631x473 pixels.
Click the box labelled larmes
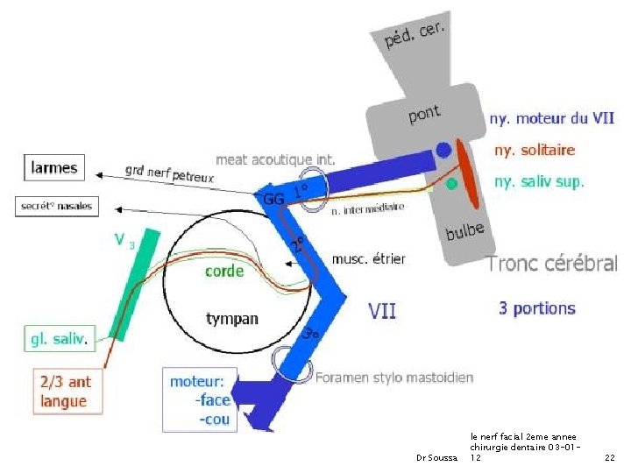[x=54, y=167]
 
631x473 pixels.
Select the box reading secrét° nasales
[x=55, y=207]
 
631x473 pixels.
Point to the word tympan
[x=231, y=318]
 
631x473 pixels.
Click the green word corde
[x=224, y=272]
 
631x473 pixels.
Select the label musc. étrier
[x=368, y=258]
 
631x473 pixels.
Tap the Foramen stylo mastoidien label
[x=394, y=378]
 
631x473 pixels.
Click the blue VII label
[x=382, y=309]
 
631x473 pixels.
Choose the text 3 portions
[x=536, y=308]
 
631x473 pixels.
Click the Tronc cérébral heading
[x=552, y=263]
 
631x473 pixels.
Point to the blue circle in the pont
[x=444, y=150]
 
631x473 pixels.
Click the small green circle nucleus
[x=451, y=184]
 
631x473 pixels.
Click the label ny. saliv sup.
[x=539, y=182]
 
